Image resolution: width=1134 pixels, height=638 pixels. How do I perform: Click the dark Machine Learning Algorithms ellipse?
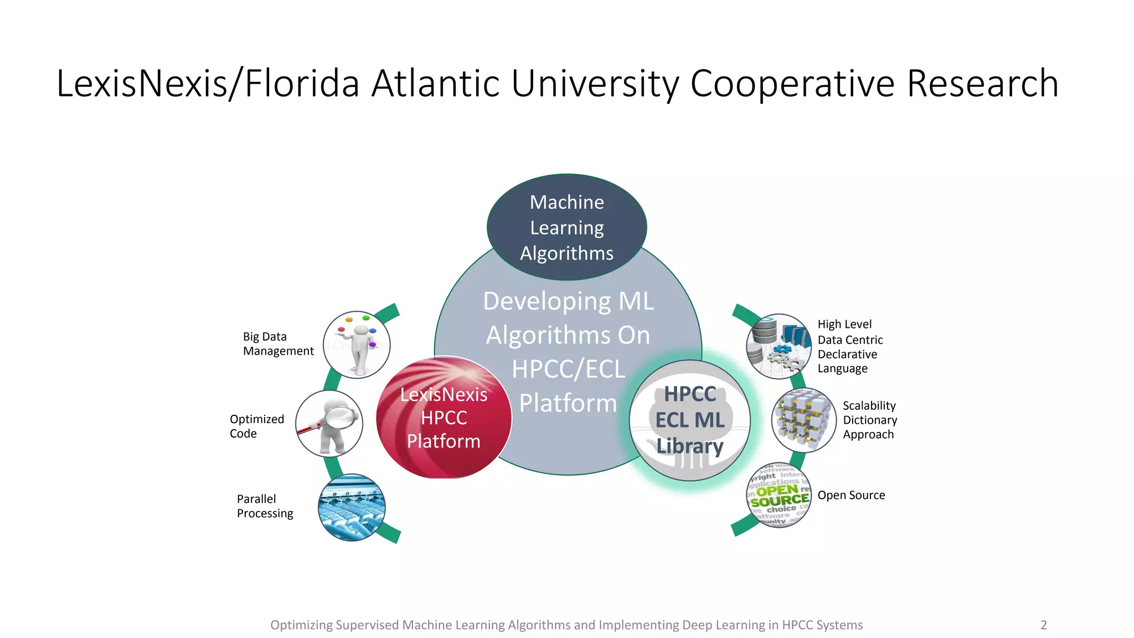[566, 227]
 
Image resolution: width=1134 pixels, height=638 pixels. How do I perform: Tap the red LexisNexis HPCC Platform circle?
[444, 418]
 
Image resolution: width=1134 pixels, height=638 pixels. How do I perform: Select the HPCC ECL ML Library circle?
[690, 420]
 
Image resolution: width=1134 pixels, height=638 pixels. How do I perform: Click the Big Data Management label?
[278, 344]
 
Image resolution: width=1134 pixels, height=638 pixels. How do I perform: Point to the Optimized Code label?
[257, 426]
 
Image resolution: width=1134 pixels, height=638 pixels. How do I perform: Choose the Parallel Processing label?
[265, 506]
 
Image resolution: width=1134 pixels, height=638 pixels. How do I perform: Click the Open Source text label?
[851, 495]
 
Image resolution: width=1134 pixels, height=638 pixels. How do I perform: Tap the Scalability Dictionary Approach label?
[869, 420]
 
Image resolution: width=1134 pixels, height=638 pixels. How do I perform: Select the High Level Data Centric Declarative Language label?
[849, 346]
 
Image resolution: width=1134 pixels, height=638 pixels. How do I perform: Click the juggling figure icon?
[357, 345]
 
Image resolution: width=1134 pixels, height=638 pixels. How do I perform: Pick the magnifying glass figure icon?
[329, 424]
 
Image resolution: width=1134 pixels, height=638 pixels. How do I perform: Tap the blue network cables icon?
[352, 507]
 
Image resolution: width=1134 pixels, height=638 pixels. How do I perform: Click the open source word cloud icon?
[779, 495]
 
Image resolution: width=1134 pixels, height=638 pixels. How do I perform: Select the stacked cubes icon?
[803, 420]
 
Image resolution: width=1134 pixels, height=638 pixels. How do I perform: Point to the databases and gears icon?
[779, 346]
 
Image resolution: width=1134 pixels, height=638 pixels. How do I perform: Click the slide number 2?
[1044, 625]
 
